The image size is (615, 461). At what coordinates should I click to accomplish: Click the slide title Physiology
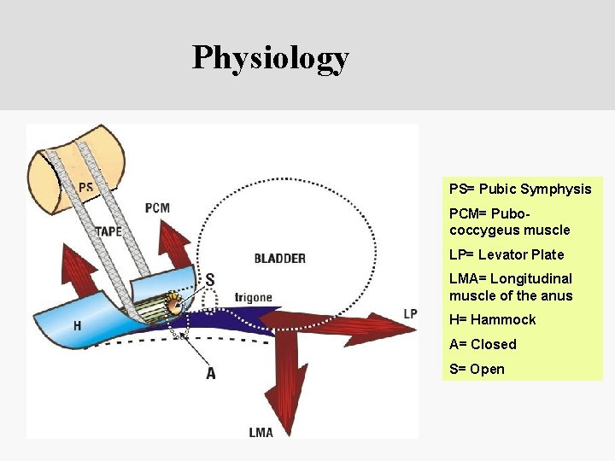(x=270, y=57)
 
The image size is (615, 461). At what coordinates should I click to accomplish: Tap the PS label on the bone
(x=86, y=188)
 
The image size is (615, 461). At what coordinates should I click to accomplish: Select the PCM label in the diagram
(x=157, y=207)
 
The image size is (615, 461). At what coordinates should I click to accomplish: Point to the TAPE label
(x=108, y=231)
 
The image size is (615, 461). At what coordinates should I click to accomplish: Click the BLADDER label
(x=279, y=258)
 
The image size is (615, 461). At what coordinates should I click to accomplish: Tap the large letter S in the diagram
(x=209, y=280)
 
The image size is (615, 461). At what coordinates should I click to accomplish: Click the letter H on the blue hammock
(x=77, y=325)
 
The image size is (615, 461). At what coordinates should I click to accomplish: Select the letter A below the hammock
(x=210, y=372)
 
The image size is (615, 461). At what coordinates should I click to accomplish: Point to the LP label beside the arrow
(x=411, y=313)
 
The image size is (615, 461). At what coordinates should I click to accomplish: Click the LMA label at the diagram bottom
(x=261, y=432)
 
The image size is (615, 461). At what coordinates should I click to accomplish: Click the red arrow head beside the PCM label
(x=178, y=236)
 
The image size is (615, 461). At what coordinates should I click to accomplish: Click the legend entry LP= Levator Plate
(x=507, y=254)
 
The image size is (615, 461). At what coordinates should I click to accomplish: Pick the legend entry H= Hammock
(x=492, y=319)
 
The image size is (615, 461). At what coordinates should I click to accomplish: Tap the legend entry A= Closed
(x=483, y=344)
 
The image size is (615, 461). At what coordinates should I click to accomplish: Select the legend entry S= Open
(x=477, y=369)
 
